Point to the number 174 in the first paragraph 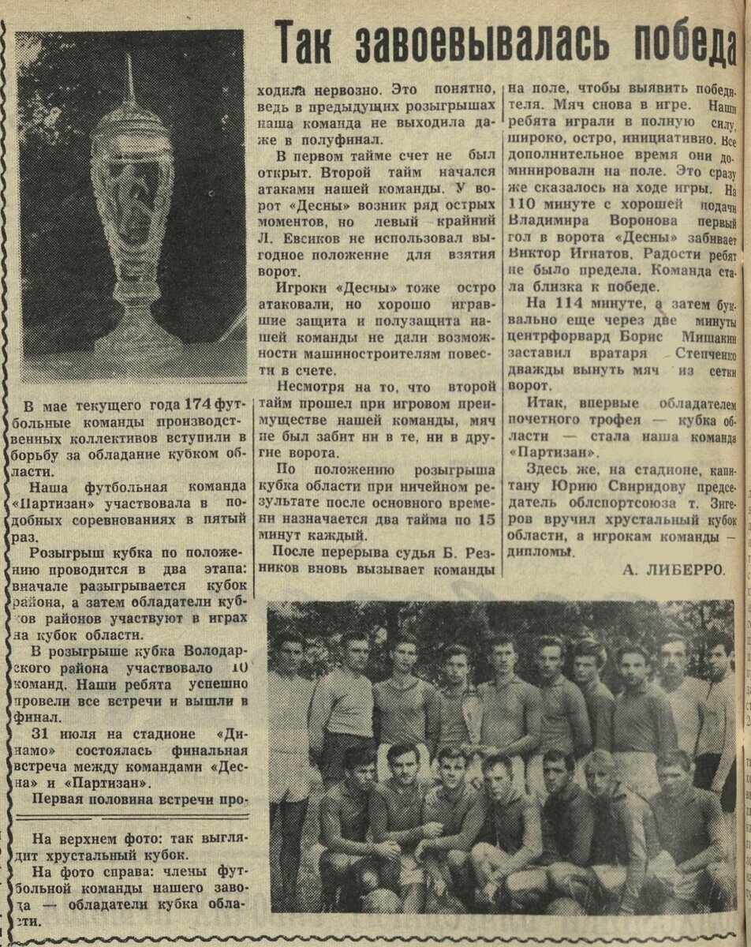(197, 406)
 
